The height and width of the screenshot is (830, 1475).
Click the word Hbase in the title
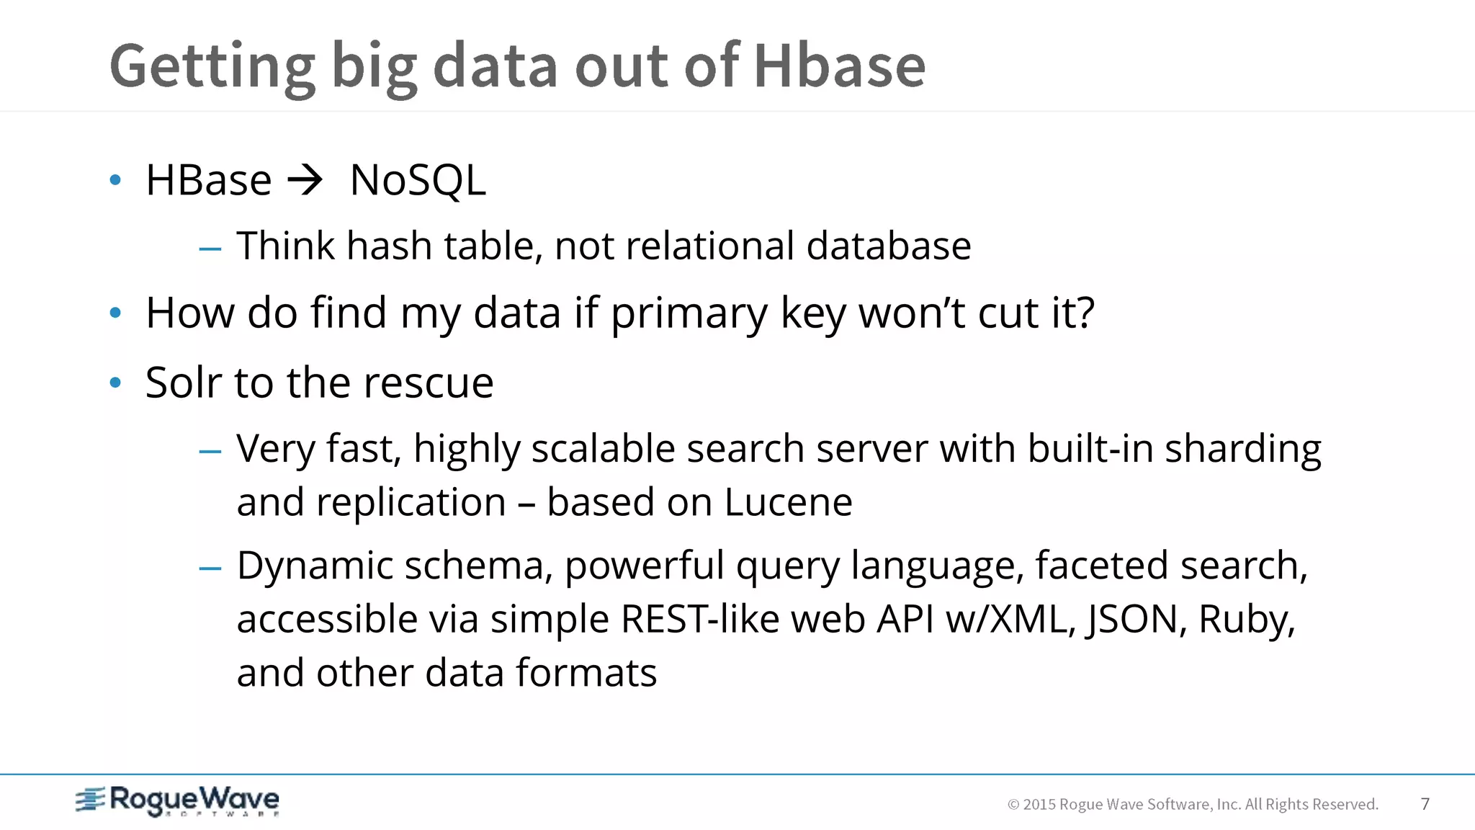(x=839, y=66)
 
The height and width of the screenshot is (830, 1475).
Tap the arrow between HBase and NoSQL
(x=305, y=180)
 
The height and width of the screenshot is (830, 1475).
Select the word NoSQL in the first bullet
(x=418, y=180)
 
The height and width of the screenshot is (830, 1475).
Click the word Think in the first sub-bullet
(x=285, y=246)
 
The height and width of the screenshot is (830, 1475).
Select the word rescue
(x=429, y=383)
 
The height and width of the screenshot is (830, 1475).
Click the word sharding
(x=1243, y=450)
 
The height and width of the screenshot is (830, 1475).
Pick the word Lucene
(x=788, y=502)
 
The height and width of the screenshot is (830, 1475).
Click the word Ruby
(x=1246, y=620)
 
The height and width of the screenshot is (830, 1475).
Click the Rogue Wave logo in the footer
(x=178, y=801)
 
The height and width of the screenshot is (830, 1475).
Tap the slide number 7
(x=1425, y=804)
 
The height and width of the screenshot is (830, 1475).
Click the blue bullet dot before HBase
(x=115, y=179)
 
